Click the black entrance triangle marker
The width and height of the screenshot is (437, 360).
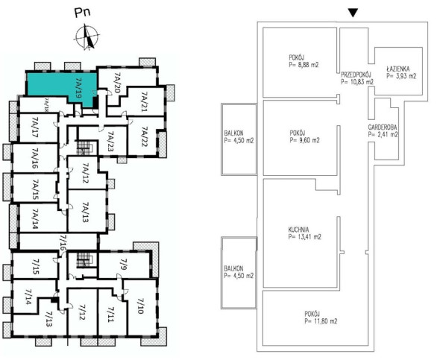coord(353,13)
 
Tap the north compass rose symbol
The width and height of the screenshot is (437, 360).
coord(87,37)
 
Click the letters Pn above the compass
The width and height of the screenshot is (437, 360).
coord(83,13)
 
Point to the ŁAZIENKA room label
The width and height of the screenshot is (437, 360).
coord(398,69)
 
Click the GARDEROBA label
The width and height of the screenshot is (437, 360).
coord(383,127)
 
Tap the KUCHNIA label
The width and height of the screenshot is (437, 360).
coord(298,230)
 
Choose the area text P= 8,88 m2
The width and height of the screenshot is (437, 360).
coord(304,65)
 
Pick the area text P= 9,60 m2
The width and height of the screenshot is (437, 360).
coord(304,140)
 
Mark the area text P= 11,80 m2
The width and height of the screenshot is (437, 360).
coord(321,321)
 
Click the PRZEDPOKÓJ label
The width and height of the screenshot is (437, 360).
coord(356,75)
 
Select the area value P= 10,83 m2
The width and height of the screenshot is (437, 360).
coord(357,82)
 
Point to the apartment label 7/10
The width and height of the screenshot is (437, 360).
coord(140,306)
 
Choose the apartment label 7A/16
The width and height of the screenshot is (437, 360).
coord(35,158)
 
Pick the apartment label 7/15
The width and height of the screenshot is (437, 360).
coord(36,267)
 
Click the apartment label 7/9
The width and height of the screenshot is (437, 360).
coord(124,264)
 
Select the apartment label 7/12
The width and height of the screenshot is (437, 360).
coord(82,312)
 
